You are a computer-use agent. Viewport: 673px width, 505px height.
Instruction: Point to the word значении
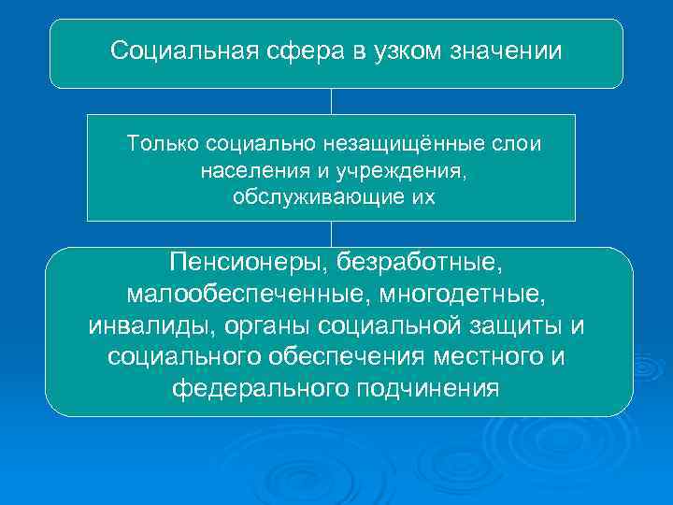[511, 50]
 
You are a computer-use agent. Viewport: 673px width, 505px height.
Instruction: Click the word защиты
[521, 326]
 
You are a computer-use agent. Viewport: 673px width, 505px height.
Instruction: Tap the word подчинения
[427, 387]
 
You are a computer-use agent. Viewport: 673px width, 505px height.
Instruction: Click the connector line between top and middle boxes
[331, 101]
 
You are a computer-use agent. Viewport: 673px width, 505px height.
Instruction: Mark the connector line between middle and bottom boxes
[331, 234]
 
